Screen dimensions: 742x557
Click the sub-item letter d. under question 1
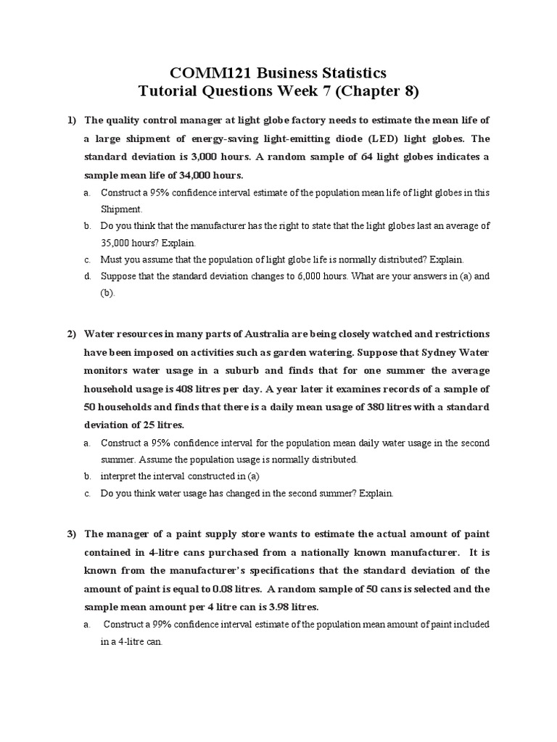pos(87,276)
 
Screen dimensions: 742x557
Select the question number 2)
pos(72,334)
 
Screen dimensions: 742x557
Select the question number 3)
pos(72,534)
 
